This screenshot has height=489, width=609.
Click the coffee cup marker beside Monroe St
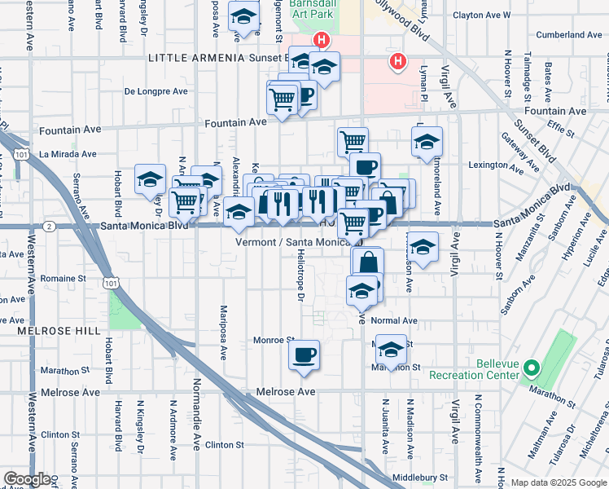click(304, 355)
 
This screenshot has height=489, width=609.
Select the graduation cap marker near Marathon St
click(391, 350)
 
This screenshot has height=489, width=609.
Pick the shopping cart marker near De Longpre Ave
click(282, 100)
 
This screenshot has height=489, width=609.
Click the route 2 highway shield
click(50, 226)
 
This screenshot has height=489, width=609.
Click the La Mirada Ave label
click(68, 153)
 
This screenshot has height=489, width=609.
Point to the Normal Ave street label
click(394, 320)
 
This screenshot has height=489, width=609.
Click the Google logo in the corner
click(27, 478)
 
